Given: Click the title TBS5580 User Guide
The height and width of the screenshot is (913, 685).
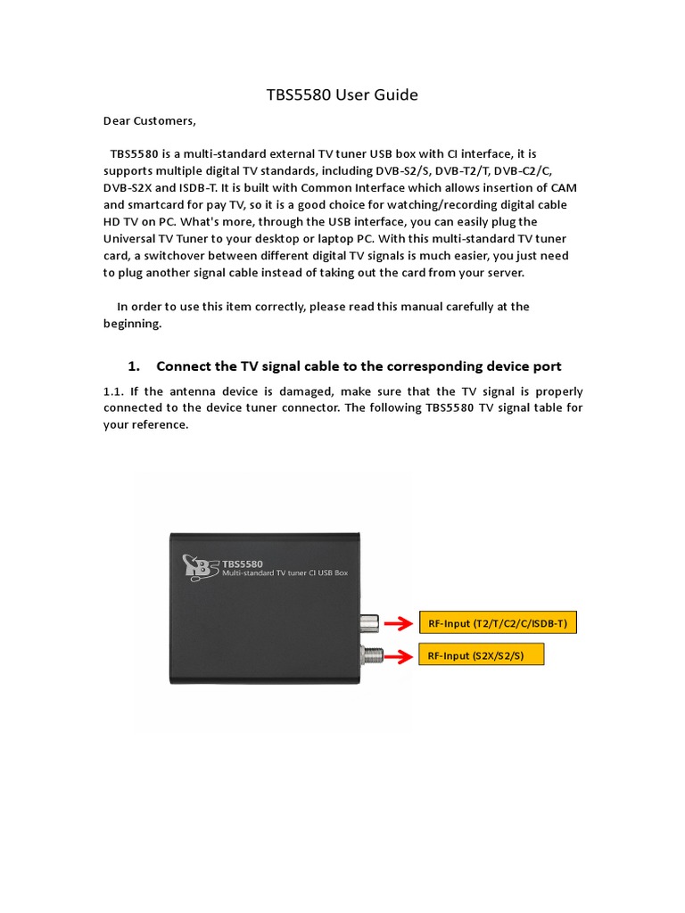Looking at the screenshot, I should point(342,95).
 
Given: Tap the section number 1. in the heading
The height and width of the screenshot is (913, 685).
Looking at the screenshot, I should point(135,366).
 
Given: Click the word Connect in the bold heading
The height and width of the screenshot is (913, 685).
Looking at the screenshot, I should point(184,366).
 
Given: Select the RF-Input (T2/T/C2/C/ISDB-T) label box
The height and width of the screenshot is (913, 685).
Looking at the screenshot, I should point(498,623).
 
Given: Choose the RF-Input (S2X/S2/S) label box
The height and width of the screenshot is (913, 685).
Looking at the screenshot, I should point(480,656).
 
